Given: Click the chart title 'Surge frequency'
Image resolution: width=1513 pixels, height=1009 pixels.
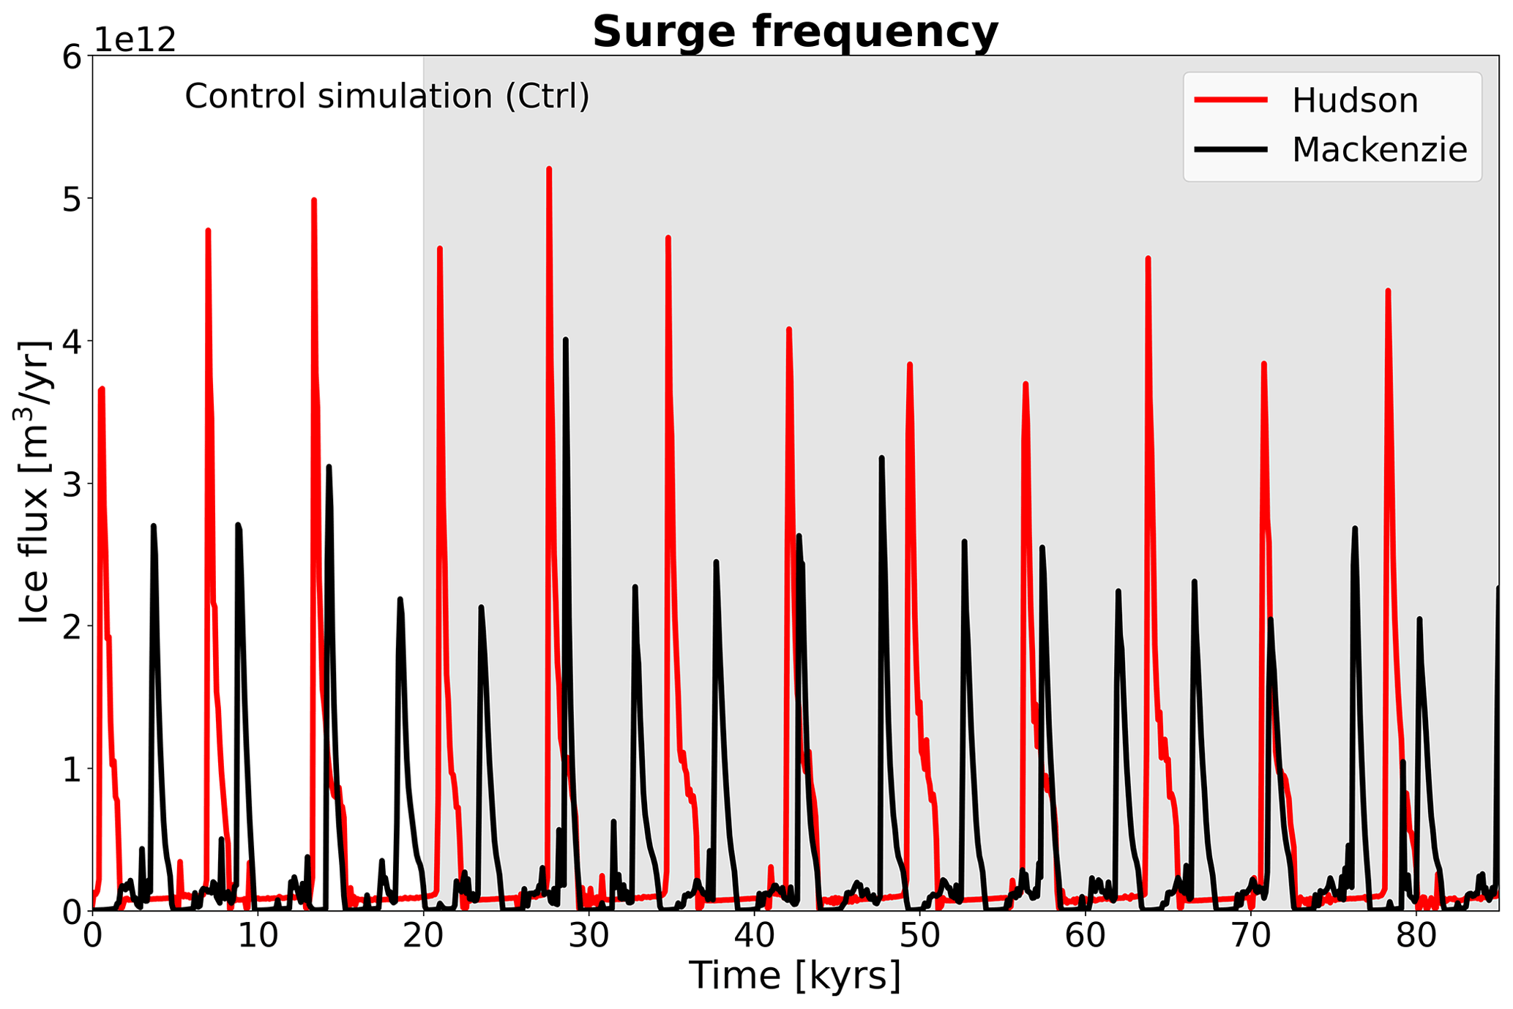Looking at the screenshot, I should (x=795, y=32).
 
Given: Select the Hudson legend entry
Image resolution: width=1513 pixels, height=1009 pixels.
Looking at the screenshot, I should (x=1354, y=100).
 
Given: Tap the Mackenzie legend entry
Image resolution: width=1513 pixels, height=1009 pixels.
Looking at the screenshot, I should (x=1379, y=149).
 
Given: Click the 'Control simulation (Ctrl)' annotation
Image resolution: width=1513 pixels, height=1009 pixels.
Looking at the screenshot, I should (x=386, y=97).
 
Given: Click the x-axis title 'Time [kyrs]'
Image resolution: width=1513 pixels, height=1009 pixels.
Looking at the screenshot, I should (x=795, y=975).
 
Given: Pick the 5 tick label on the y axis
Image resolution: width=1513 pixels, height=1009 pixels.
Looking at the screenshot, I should (x=71, y=199).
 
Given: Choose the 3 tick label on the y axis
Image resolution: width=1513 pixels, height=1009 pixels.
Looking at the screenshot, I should (x=71, y=484).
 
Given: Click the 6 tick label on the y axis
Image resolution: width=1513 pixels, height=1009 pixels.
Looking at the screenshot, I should (x=71, y=57).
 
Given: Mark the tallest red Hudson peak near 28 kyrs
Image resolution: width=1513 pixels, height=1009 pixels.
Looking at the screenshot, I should (x=548, y=169).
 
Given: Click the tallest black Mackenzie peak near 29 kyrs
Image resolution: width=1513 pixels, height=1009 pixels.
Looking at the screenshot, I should (x=565, y=340).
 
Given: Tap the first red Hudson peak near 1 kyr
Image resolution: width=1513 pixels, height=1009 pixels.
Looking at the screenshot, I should (x=102, y=389).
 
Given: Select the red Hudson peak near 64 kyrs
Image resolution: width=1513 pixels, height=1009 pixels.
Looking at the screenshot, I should (x=1148, y=259).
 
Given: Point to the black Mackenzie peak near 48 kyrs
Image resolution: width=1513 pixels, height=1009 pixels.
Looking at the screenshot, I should (x=881, y=458).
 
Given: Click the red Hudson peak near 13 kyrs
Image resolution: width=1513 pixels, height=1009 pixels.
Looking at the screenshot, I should (x=313, y=200).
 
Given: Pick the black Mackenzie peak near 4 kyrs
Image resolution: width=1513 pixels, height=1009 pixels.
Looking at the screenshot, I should (x=153, y=526).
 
